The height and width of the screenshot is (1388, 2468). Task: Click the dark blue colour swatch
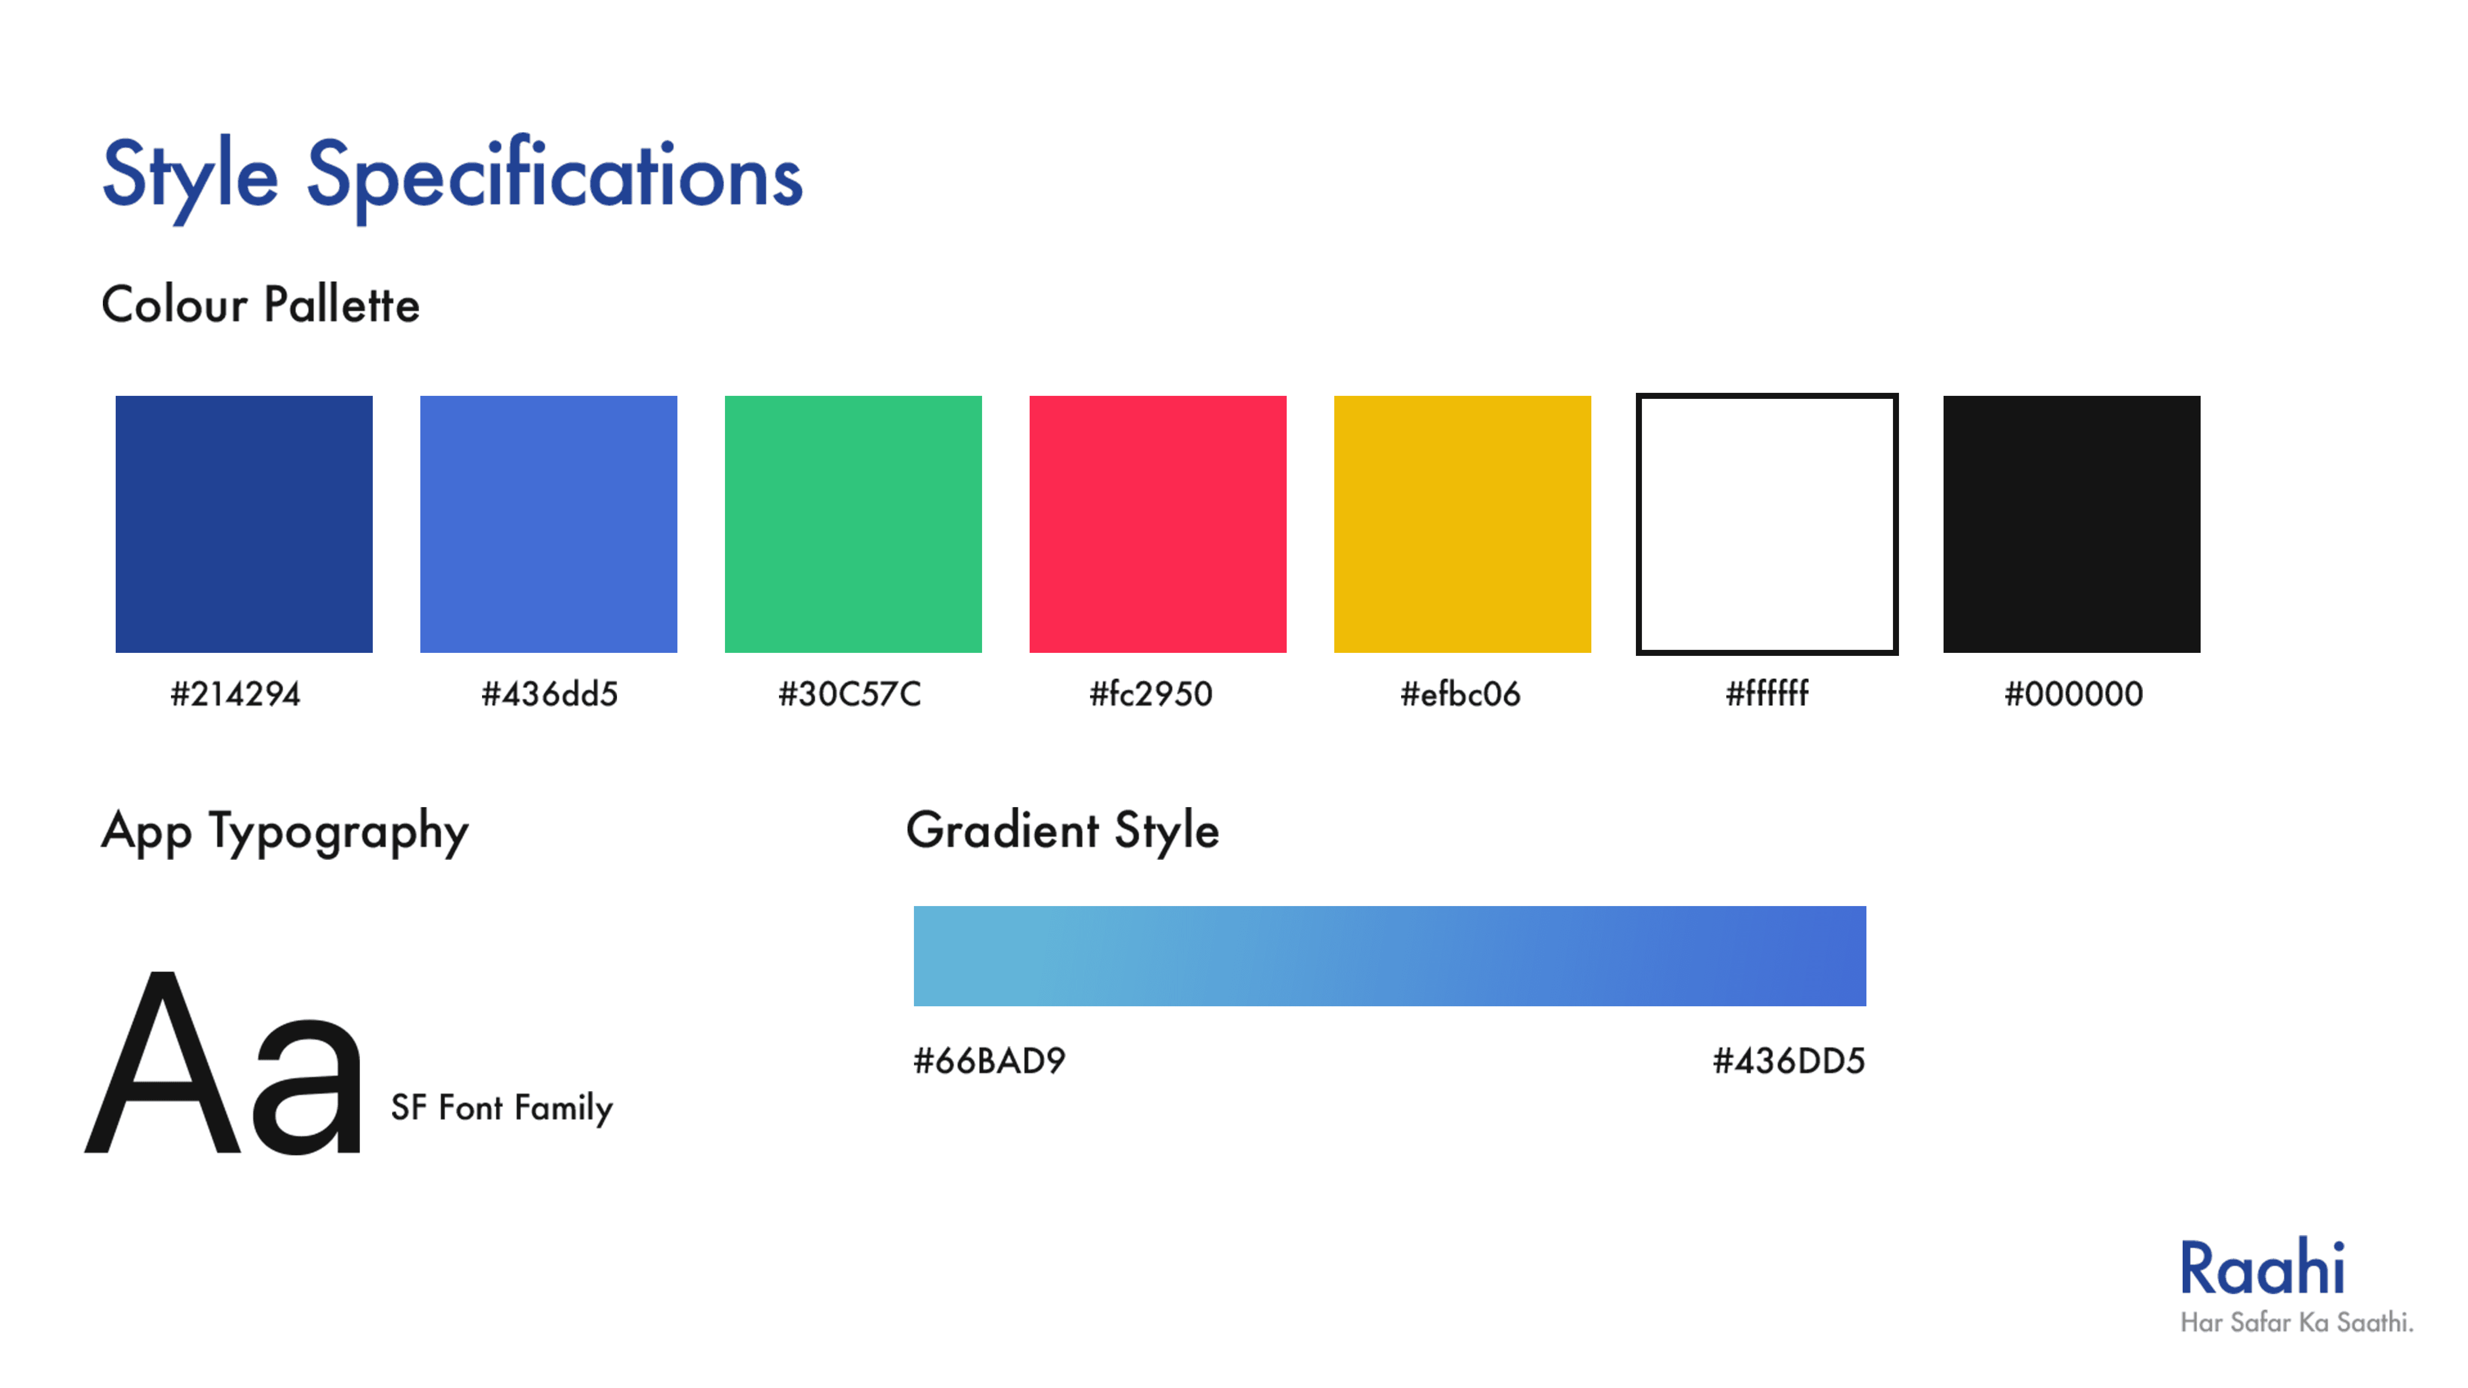point(243,524)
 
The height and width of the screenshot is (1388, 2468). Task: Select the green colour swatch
point(853,524)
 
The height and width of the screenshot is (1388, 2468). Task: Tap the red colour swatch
point(1157,524)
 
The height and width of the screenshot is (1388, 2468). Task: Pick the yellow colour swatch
point(1462,524)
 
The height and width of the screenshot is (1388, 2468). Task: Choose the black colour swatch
point(2071,524)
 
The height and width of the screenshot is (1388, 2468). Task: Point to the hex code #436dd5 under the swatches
point(549,694)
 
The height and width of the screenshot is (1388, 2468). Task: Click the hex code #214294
point(235,694)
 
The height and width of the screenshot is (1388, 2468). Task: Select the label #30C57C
point(849,694)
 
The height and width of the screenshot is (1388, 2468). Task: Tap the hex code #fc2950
point(1150,694)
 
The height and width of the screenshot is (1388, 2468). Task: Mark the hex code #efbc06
point(1460,694)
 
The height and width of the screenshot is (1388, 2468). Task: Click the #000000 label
point(2073,694)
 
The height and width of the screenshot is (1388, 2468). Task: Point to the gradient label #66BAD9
point(989,1060)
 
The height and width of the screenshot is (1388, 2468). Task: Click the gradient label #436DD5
point(1789,1060)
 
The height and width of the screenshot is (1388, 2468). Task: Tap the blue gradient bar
point(1389,956)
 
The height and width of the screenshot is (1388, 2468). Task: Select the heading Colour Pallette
point(261,305)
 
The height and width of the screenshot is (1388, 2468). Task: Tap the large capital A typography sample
point(163,1063)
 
